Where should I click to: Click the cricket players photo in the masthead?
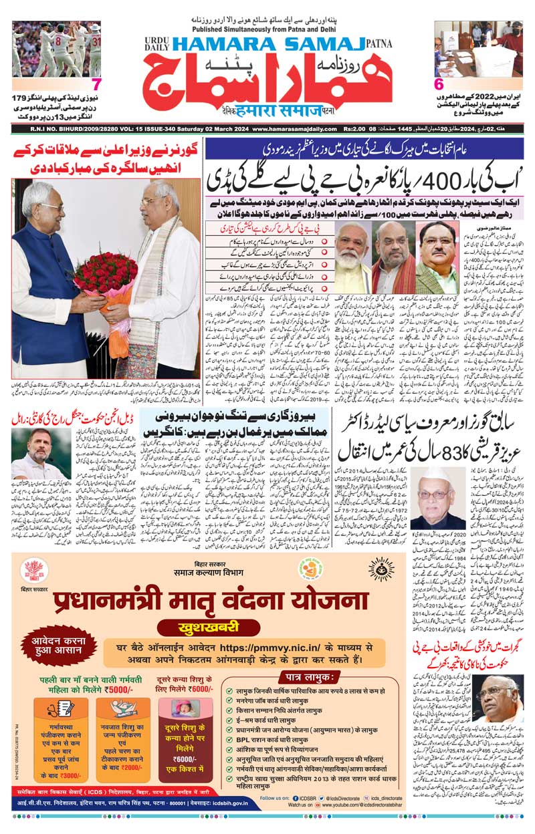point(56,48)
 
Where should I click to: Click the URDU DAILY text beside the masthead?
point(157,44)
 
